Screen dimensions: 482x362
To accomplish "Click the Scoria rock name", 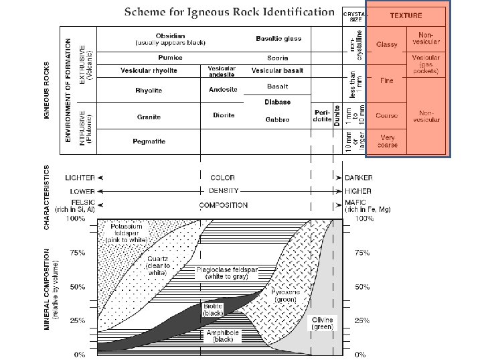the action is [277, 58].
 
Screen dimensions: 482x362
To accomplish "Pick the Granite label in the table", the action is [149, 117].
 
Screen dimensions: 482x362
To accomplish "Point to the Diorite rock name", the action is [224, 115].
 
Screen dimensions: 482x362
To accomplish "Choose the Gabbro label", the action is [278, 120].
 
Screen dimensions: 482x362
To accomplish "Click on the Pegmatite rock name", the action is [149, 141].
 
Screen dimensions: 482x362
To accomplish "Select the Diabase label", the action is [277, 103].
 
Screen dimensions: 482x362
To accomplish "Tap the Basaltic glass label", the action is [278, 39].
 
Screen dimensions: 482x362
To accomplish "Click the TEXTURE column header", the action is [406, 15].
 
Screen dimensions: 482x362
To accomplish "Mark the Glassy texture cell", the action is [387, 44].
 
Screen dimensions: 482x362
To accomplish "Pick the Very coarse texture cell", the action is [387, 141].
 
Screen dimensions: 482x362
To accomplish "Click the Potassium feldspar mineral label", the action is [127, 233].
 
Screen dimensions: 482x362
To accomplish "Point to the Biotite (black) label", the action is [213, 310].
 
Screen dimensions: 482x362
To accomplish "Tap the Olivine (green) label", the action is [322, 323].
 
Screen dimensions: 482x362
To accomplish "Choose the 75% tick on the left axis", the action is [79, 253].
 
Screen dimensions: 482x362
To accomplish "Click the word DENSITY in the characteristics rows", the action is [223, 191].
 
